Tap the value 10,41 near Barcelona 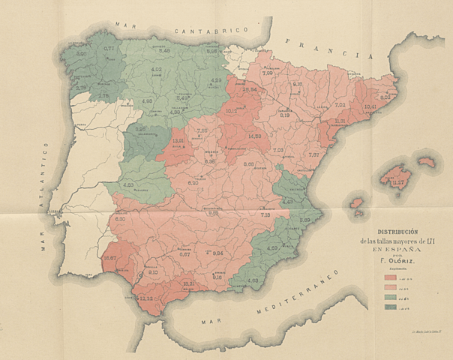(x=370, y=106)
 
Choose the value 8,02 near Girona (x=387, y=97)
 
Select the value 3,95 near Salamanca (x=140, y=128)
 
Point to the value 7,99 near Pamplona (x=268, y=73)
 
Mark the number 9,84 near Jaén (x=218, y=253)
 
